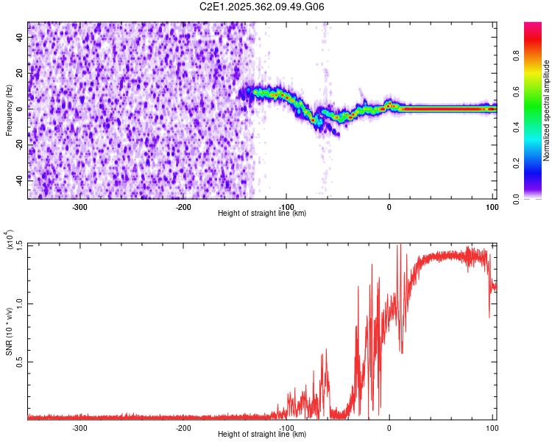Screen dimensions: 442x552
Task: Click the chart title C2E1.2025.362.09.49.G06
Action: tap(262, 7)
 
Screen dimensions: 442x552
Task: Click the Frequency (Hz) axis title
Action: tap(9, 110)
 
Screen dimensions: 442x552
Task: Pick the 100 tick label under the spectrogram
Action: tap(492, 207)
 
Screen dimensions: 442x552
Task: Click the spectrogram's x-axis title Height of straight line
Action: tap(262, 213)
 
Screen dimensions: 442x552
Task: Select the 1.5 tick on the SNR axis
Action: tap(19, 244)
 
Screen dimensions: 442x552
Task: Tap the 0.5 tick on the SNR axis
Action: tap(19, 361)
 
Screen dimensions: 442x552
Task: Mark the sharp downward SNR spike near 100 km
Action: tap(489, 317)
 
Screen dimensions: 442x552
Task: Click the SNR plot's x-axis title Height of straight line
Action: tap(262, 434)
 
